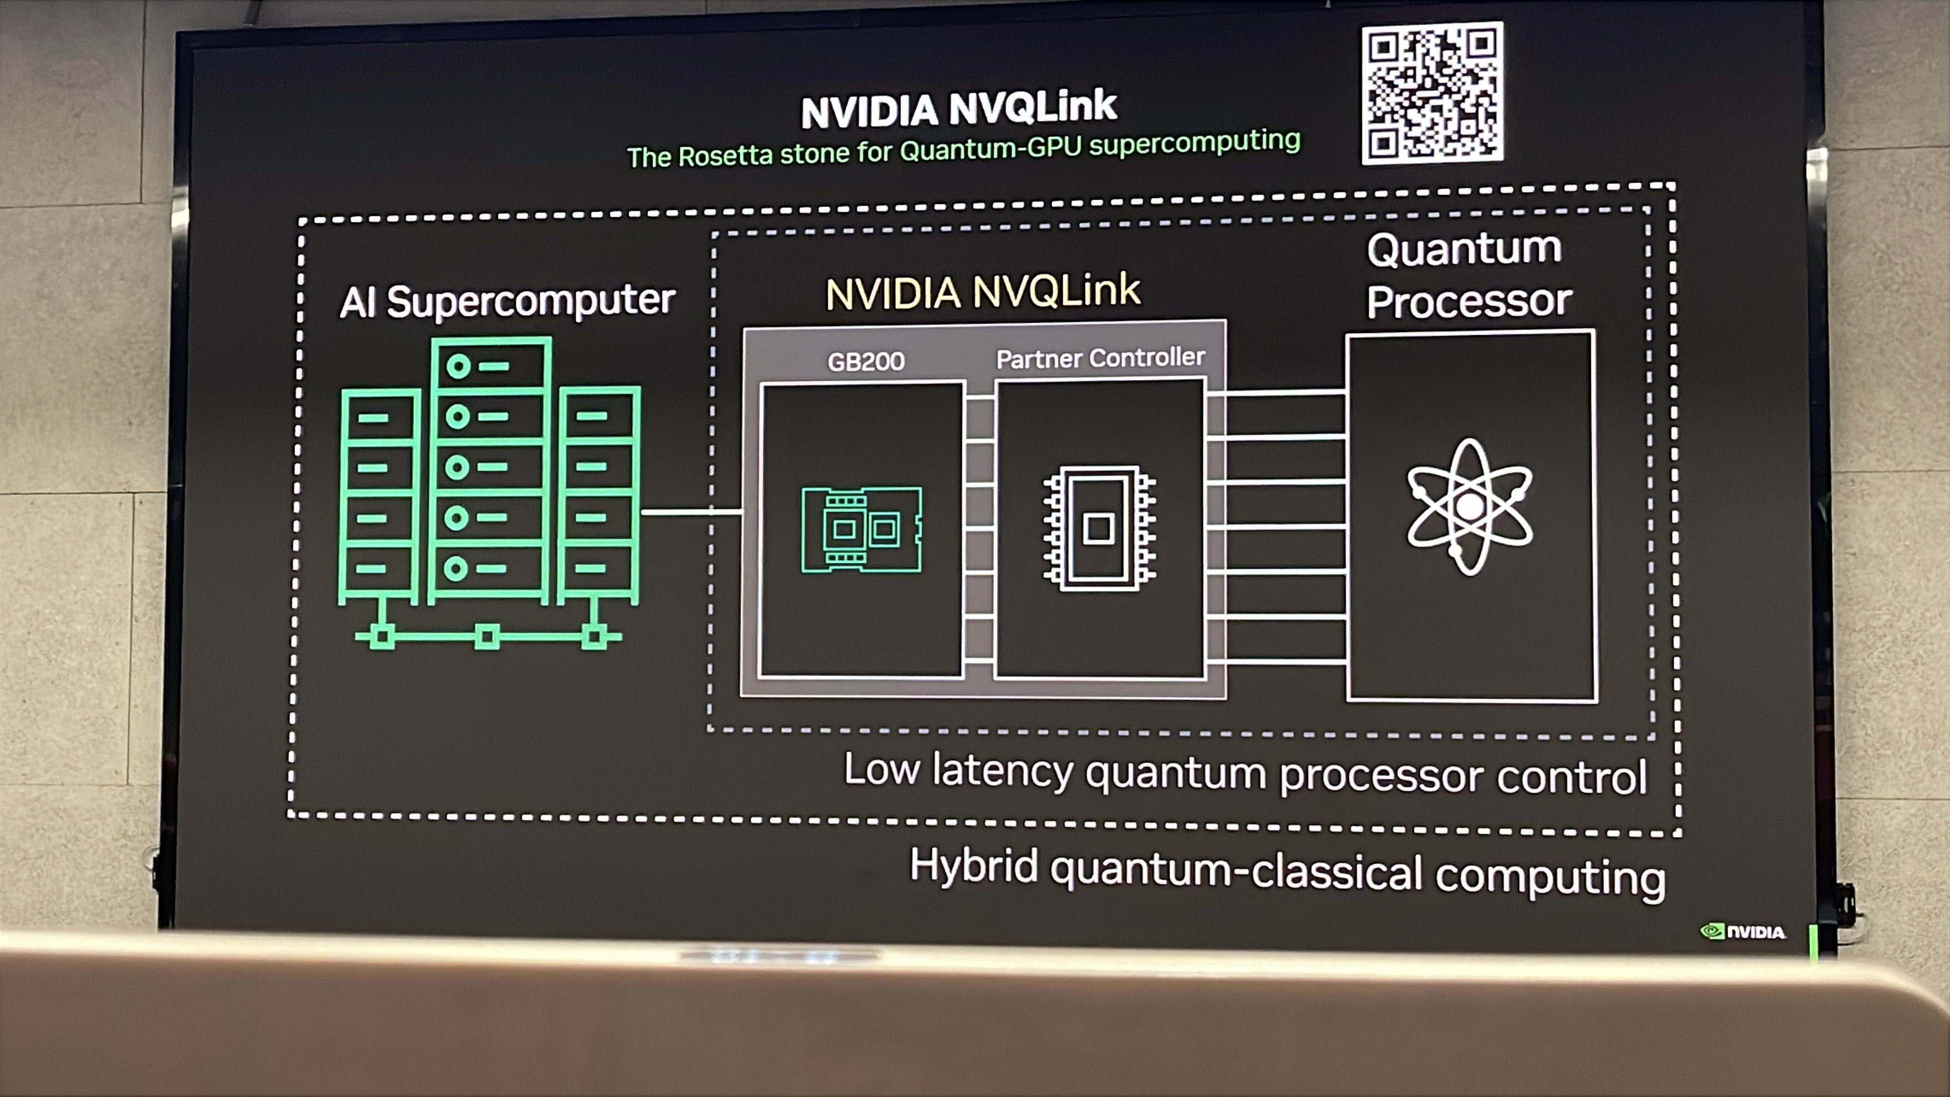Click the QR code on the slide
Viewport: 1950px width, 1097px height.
pyautogui.click(x=1432, y=93)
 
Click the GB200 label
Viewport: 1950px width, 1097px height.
pyautogui.click(x=865, y=361)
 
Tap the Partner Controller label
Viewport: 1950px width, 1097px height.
pyautogui.click(x=1100, y=357)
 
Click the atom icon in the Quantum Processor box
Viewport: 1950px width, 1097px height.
pyautogui.click(x=1469, y=506)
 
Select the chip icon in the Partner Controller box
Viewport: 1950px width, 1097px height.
pyautogui.click(x=1099, y=527)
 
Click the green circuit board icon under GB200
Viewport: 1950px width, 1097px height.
pyautogui.click(x=861, y=529)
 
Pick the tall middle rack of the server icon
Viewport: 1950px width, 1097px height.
pyautogui.click(x=490, y=469)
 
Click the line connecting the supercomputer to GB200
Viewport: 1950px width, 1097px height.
pyautogui.click(x=690, y=512)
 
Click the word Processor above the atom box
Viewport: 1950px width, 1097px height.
pyautogui.click(x=1469, y=301)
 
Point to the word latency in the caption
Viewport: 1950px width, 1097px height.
pyautogui.click(x=1002, y=770)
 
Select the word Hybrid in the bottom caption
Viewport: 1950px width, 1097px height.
pyautogui.click(x=973, y=865)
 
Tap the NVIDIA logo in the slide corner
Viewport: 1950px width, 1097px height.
pyautogui.click(x=1743, y=931)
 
